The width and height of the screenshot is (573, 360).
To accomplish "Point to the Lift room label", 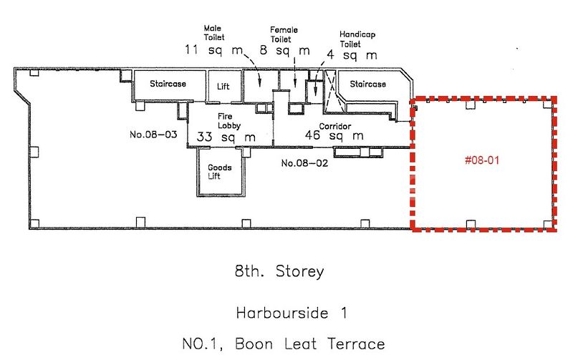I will [x=223, y=86].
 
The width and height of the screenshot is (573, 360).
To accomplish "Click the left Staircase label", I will [x=168, y=84].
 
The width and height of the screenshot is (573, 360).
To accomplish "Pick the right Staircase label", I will [x=367, y=84].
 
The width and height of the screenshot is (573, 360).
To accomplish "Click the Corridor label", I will [x=334, y=125].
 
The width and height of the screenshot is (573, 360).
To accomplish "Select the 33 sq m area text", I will [x=226, y=137].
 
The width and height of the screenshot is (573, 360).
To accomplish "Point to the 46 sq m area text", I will [x=334, y=136].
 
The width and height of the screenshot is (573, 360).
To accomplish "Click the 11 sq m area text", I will [x=213, y=50].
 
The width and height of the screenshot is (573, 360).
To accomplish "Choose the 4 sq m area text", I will [x=352, y=55].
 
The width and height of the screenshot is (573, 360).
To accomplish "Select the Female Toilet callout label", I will [x=284, y=34].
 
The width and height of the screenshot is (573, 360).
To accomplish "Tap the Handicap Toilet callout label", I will [x=355, y=39].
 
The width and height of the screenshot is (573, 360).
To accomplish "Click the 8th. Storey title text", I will [x=279, y=272].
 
